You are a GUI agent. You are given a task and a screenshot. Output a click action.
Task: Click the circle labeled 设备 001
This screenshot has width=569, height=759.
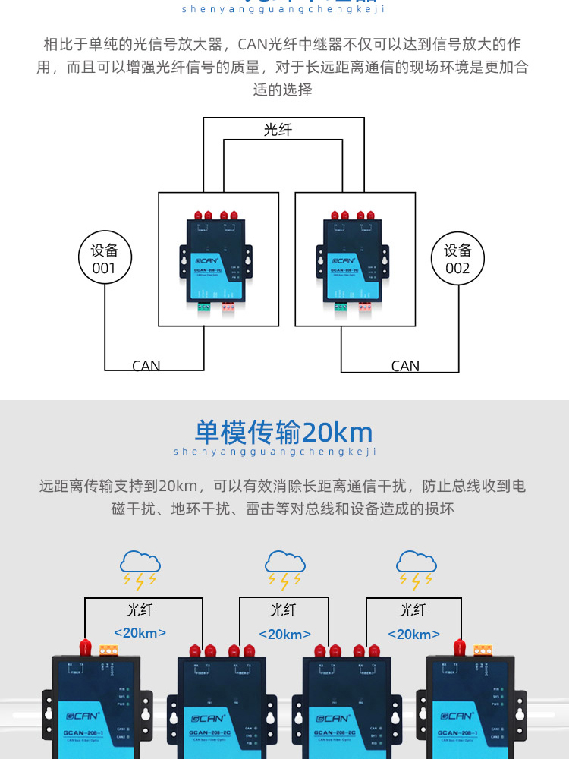[x=105, y=259]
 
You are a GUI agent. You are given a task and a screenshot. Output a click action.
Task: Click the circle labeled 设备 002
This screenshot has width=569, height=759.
[x=457, y=259]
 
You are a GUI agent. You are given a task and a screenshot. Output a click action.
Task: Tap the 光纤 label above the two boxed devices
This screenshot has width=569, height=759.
[x=278, y=130]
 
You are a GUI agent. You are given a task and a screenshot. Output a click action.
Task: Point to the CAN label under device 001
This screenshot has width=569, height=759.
[x=146, y=366]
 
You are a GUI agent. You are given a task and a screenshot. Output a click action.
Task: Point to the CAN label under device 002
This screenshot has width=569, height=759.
[x=405, y=366]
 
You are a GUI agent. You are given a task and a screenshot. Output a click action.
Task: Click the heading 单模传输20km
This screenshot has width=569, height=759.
[x=284, y=432]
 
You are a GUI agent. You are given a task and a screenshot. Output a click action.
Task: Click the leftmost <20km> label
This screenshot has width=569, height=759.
[x=140, y=633]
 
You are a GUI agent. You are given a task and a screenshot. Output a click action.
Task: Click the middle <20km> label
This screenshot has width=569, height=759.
[x=284, y=635]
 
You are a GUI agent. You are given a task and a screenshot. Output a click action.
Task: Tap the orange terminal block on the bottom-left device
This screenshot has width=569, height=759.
[x=108, y=650]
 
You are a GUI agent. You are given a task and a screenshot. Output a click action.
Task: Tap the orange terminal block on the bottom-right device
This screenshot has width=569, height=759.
[x=483, y=650]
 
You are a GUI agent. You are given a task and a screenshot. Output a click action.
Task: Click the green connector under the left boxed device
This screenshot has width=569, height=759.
[x=206, y=307]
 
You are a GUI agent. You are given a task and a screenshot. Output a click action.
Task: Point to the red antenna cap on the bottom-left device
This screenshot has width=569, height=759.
[x=85, y=647]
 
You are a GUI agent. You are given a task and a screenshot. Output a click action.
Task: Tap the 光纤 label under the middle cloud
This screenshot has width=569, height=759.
[x=284, y=610]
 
